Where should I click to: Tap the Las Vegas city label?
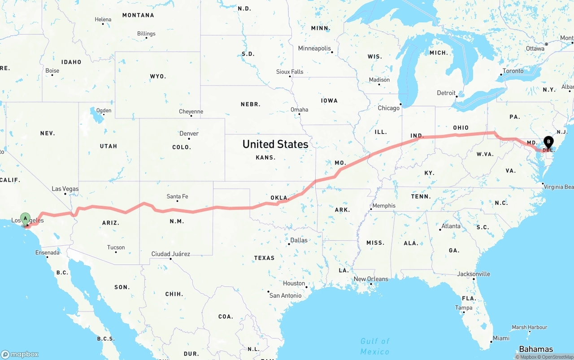tap(65, 189)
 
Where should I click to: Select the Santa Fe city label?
tap(177, 196)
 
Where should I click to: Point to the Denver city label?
tap(189, 134)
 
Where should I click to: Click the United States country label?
tap(275, 144)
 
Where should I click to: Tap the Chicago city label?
tap(388, 108)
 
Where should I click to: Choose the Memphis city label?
tap(384, 206)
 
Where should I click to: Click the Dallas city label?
tap(299, 240)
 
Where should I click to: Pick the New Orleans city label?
tap(371, 279)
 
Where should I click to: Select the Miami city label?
tap(501, 338)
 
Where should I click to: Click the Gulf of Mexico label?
tap(375, 346)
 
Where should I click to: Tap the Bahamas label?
tap(536, 349)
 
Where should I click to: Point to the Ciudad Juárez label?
tap(170, 254)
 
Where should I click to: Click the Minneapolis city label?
tap(314, 48)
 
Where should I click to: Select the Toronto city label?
tap(513, 71)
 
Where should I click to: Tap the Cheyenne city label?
tap(191, 112)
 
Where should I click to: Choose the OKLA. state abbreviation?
tap(279, 198)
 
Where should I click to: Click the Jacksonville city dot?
tap(474, 279)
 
